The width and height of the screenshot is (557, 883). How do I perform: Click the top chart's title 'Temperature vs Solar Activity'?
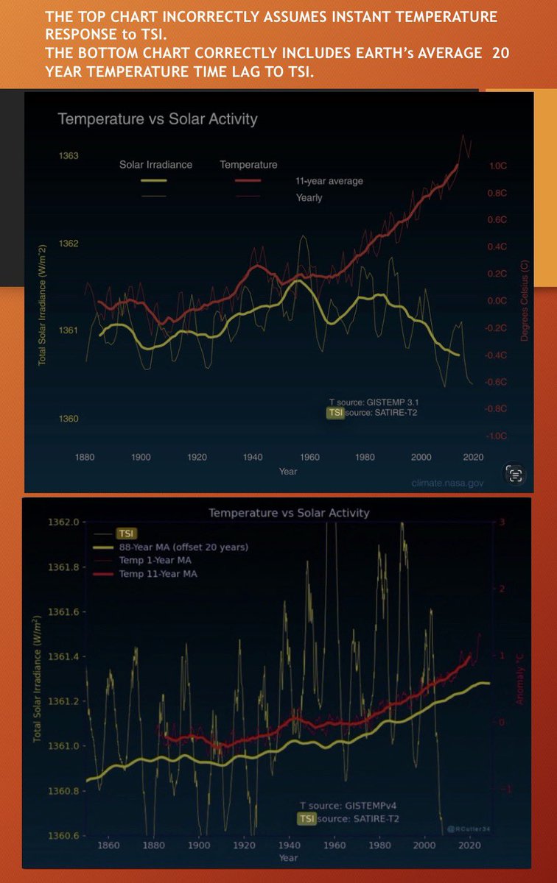tap(158, 118)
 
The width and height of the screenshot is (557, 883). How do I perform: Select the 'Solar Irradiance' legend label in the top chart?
tap(155, 165)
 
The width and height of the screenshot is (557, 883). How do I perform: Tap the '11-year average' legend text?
tap(329, 181)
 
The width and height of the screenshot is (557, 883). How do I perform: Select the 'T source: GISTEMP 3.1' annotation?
tap(374, 403)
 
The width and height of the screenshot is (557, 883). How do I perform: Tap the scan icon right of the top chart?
tap(515, 474)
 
